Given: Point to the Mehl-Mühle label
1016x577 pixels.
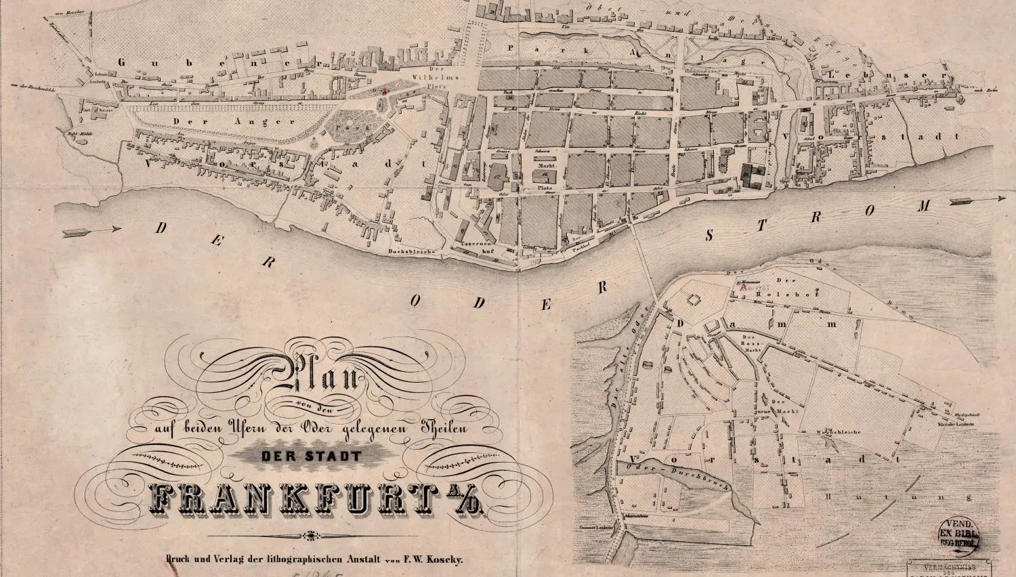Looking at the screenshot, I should point(79,133).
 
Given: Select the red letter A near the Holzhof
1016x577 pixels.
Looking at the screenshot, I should point(744,287).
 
